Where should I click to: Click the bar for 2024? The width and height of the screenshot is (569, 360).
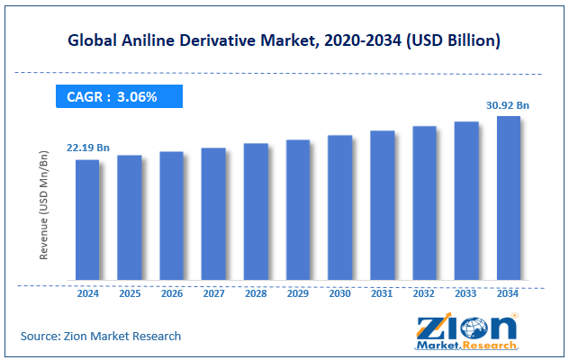point(87,220)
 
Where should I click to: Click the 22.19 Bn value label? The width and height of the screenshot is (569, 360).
point(87,148)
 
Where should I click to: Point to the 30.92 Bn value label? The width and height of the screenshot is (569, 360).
point(509,105)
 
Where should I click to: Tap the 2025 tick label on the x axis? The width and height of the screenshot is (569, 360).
point(130,292)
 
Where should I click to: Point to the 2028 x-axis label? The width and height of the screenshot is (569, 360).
point(256,292)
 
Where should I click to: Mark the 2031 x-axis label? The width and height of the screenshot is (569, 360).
point(382,292)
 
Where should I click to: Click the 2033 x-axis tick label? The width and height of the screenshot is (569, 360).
point(466,292)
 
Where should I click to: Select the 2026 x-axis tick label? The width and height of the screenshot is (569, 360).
point(172,292)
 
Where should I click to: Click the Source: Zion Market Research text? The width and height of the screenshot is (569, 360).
point(101,337)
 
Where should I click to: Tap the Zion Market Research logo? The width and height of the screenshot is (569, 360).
point(465,332)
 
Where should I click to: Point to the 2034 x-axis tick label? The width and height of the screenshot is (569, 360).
point(509,292)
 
